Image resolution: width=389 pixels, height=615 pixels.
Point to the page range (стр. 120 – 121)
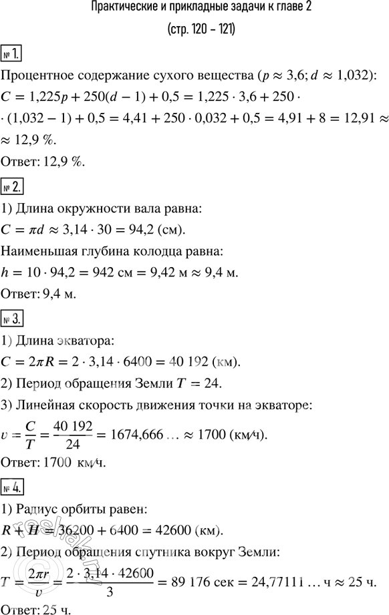pos(194,30)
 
